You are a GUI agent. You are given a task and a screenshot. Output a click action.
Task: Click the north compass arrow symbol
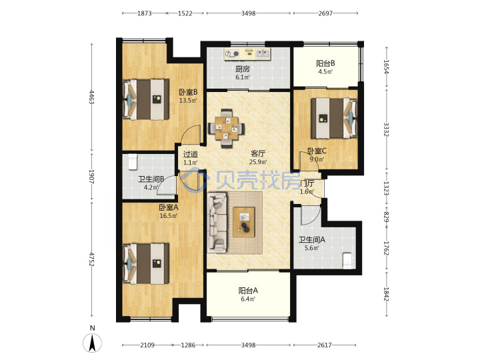point(92,343)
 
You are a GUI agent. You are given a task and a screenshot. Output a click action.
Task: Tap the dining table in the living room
point(226,129)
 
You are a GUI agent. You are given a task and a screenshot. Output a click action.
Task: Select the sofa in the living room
point(217,222)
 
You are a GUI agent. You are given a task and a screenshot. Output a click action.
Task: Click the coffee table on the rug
point(244,222)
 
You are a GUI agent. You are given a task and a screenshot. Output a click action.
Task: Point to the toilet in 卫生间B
point(133,161)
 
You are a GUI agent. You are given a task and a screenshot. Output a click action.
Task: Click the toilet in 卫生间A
point(347,261)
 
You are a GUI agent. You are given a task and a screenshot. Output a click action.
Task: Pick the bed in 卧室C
point(334,118)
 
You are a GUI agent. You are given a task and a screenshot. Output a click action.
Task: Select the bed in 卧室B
point(146,99)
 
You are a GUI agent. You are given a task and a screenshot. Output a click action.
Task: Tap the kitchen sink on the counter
point(263,54)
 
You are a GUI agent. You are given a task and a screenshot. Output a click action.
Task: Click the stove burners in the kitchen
point(232,54)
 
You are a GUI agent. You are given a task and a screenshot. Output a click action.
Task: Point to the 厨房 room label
point(242,69)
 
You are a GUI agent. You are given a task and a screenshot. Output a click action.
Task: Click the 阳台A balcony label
point(248,290)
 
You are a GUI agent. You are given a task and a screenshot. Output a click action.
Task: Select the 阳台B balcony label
point(325,63)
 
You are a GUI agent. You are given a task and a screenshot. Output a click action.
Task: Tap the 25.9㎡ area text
point(258,161)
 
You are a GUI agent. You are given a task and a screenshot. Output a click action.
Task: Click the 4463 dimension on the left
point(91,97)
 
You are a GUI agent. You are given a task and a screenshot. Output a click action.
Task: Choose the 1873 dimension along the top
point(144,13)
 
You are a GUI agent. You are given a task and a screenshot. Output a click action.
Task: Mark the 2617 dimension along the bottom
point(325,345)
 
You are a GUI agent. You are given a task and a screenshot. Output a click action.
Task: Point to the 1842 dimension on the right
point(386,294)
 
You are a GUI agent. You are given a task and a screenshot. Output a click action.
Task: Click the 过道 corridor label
point(190,154)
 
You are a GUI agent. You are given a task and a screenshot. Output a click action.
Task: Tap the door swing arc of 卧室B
point(188,131)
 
